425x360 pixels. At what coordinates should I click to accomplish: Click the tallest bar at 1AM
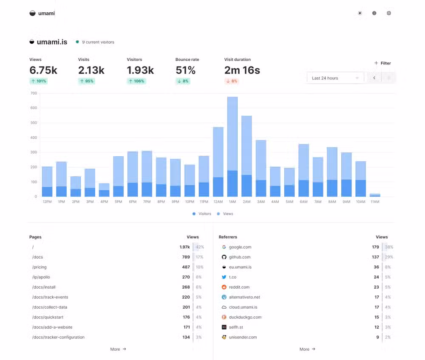coord(232,136)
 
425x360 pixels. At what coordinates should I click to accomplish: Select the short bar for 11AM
coord(374,195)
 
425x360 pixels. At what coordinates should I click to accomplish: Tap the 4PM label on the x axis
coord(104,202)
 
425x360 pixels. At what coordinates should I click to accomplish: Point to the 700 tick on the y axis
coord(34,93)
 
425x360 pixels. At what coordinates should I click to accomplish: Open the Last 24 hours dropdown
coord(335,78)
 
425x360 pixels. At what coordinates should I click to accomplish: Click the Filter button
coord(382,63)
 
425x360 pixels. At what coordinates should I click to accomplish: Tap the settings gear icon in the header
coord(388,13)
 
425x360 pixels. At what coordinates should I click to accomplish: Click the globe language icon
coord(374,13)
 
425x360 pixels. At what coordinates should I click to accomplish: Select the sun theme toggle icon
coord(360,13)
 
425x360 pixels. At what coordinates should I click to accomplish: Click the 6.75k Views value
coord(43,70)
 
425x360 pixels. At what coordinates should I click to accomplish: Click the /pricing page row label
coord(40,267)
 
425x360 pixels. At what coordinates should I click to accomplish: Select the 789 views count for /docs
coord(186,257)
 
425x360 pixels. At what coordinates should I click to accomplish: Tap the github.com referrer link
coord(239,257)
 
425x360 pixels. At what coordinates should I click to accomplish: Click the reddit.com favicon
coord(224,287)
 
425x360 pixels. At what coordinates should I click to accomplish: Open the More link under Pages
coord(118,349)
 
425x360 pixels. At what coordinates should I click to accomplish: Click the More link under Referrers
coord(307,349)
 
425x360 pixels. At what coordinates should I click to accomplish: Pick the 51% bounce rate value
coord(185,70)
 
